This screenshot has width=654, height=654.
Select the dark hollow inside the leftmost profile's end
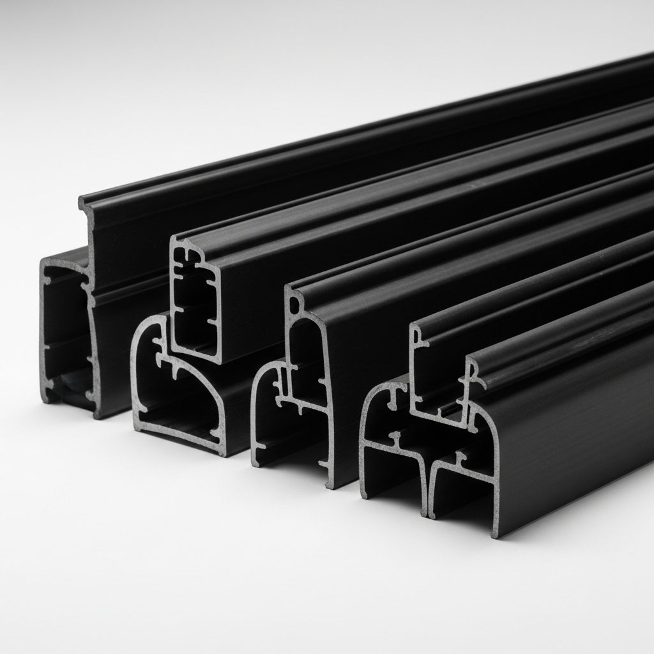pos(64,332)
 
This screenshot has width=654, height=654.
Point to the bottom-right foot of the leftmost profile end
pos(97,414)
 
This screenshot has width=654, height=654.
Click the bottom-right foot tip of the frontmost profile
pos(496,533)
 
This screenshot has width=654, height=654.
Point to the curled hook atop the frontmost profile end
pos(473,370)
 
